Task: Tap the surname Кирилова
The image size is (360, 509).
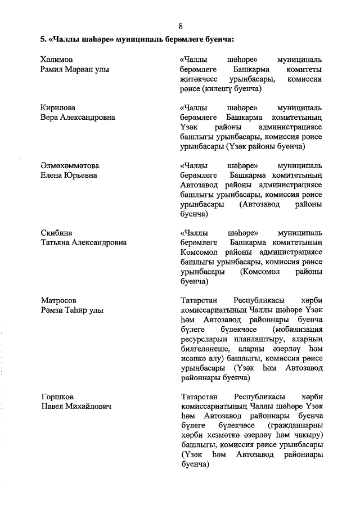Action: tap(58, 107)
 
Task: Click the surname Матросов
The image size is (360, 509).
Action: tap(59, 300)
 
